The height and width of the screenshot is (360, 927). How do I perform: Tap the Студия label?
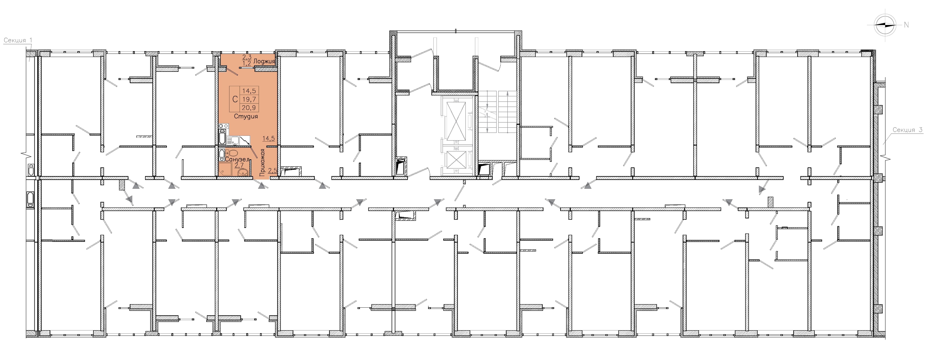tap(246, 116)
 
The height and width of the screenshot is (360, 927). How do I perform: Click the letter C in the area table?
tap(235, 99)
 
